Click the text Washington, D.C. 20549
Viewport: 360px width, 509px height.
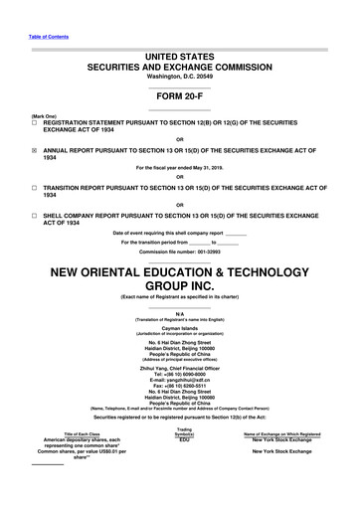tap(179, 76)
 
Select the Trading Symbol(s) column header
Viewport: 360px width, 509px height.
tap(183, 459)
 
